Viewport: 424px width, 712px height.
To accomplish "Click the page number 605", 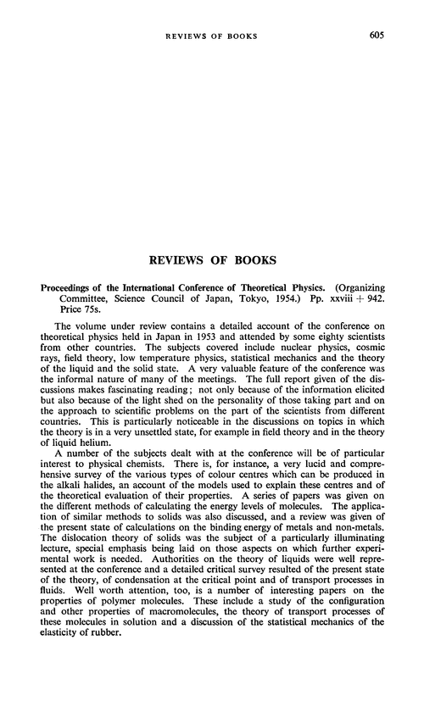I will (x=393, y=35).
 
